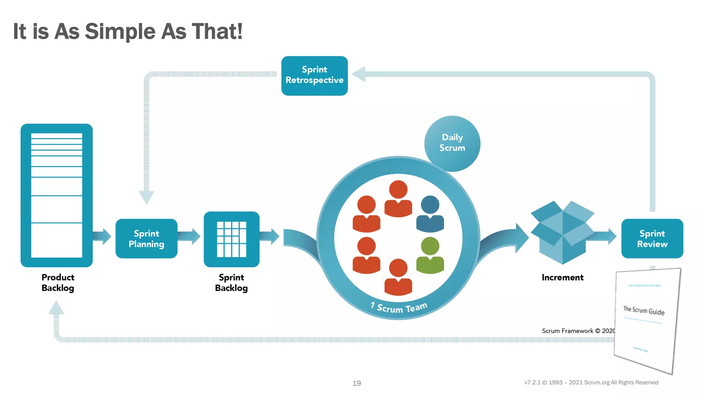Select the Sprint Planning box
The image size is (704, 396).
pos(146,239)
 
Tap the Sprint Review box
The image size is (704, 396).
pos(652,239)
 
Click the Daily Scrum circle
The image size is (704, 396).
pos(452,143)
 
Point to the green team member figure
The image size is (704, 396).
pos(430,256)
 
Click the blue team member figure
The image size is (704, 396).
pos(430,214)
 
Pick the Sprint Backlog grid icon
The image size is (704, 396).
pos(231,239)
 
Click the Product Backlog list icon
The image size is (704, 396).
pos(57,195)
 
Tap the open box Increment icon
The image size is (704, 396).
pos(562,232)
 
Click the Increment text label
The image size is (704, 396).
pos(562,277)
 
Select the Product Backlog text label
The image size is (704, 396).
pos(58,283)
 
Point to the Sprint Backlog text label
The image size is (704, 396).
pos(231,283)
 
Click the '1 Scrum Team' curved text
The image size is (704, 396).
pos(399,307)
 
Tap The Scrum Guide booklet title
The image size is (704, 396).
pos(644,310)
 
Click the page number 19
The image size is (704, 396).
pos(356,383)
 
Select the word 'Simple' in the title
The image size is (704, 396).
pos(120,31)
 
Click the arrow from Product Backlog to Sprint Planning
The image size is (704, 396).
pos(102,236)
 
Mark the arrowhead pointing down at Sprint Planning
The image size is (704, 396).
pos(146,198)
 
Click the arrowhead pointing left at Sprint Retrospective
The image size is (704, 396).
pos(359,74)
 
